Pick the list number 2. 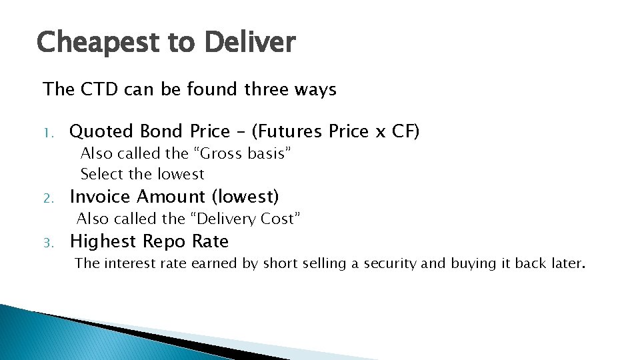[x=47, y=198]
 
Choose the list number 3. [x=47, y=243]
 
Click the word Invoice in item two [x=101, y=197]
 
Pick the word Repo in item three [x=165, y=241]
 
